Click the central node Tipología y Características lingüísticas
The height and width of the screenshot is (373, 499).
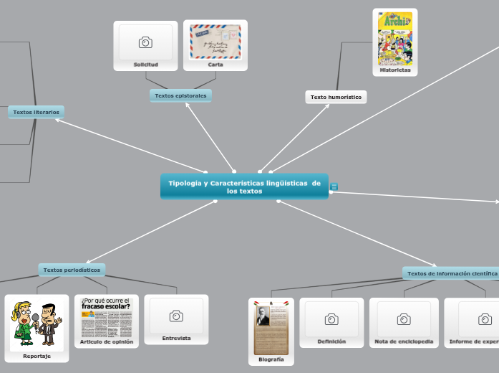point(244,186)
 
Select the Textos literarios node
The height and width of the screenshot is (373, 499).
point(37,112)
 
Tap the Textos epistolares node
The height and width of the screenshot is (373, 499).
point(180,95)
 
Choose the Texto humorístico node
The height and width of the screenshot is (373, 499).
point(336,97)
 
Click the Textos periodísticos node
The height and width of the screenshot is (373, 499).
point(72,270)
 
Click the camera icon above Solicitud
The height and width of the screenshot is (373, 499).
point(145,42)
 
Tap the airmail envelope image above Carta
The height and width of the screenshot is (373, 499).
point(215,42)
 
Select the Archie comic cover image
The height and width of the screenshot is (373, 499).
point(395,37)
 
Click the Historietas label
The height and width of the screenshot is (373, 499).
point(395,70)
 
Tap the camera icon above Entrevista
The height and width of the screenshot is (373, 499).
point(176,316)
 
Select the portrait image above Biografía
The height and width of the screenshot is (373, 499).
point(271,327)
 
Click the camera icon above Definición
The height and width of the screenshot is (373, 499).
point(331,319)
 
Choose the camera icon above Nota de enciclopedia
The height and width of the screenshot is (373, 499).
point(404,319)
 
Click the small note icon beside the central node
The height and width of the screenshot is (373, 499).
point(334,186)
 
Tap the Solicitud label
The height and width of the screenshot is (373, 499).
point(145,65)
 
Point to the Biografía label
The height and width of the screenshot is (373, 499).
point(271,359)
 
